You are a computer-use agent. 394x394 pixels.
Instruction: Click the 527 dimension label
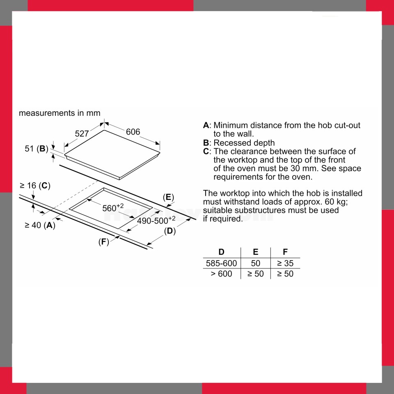coord(82,133)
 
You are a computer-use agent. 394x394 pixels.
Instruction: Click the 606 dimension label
coord(133,132)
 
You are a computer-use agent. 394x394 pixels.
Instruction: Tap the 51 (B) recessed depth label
coord(37,149)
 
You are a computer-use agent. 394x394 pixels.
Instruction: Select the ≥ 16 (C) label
coord(35,186)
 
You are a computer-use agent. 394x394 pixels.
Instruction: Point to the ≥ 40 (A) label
coord(40,225)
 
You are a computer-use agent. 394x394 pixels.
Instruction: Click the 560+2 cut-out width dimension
coord(113,208)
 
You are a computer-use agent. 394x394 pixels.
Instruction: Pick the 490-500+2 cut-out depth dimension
coord(156,220)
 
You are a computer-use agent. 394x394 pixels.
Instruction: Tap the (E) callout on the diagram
coord(168,197)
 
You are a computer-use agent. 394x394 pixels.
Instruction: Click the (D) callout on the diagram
coord(170,231)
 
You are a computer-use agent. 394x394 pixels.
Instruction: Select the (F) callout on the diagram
coord(104,242)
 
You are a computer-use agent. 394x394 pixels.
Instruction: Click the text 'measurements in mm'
coord(60,113)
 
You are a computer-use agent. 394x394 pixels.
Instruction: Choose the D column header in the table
coord(221,252)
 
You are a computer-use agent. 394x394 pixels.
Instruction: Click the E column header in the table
coord(256,252)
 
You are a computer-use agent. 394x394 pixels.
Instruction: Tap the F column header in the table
coord(285,252)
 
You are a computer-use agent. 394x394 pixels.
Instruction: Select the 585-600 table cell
coord(221,263)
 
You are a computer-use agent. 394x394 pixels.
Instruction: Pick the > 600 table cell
coord(221,274)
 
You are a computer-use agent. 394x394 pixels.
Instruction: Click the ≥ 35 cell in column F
coord(285,263)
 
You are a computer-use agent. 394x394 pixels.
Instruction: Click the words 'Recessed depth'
coord(244,143)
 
